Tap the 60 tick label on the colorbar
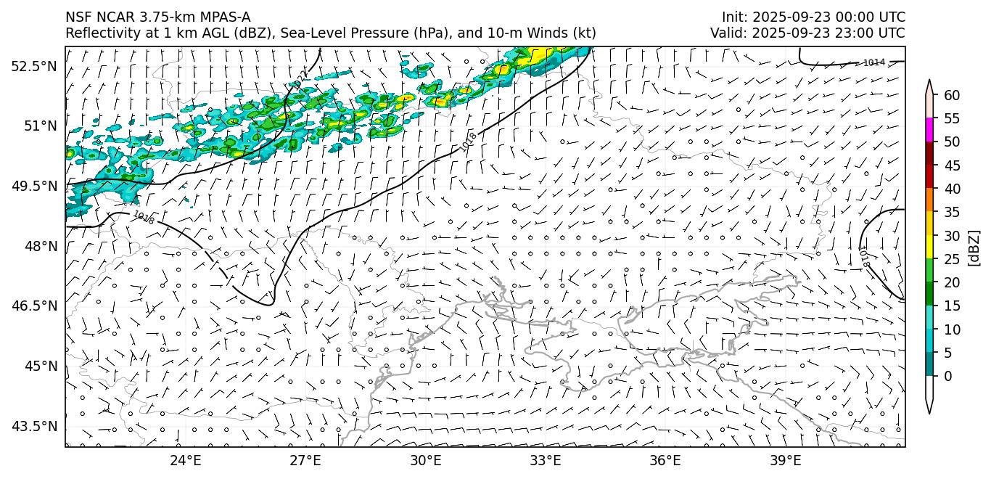(952, 95)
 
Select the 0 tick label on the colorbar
(948, 376)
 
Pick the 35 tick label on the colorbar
(952, 212)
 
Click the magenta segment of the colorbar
(929, 130)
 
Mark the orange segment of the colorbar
(929, 200)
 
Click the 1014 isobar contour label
(873, 62)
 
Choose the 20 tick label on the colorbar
(952, 282)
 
